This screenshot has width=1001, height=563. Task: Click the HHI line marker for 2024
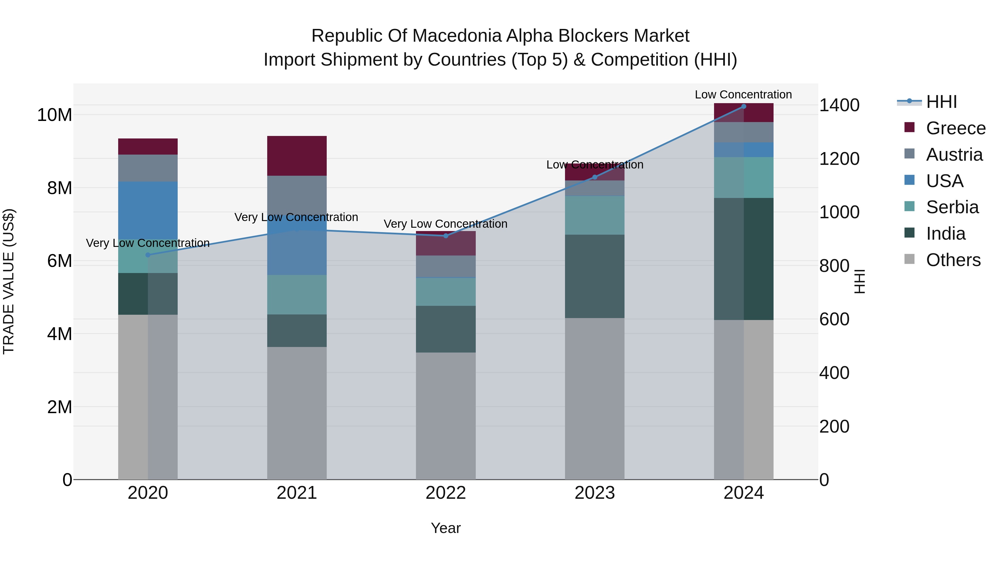[x=743, y=106]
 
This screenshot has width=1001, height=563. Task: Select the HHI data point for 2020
[x=148, y=255]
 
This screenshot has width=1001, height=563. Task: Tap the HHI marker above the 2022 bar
[x=446, y=236]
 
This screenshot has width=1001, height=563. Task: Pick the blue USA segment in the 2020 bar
[x=148, y=210]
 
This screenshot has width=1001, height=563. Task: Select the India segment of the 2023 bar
[x=594, y=276]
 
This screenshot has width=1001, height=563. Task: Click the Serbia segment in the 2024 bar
[x=743, y=178]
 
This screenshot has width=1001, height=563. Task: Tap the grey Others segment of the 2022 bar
[x=446, y=416]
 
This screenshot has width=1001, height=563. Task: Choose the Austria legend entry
[x=954, y=155]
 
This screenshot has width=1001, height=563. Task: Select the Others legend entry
[x=953, y=260]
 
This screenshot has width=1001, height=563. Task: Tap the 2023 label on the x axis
[x=594, y=493]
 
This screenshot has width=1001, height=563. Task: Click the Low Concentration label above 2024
[x=743, y=95]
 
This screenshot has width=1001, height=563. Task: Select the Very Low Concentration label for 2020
[x=148, y=243]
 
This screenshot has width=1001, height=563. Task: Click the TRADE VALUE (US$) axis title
[x=9, y=281]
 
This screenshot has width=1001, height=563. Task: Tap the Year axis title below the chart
[x=446, y=528]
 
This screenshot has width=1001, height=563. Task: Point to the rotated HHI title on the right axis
[x=859, y=281]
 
